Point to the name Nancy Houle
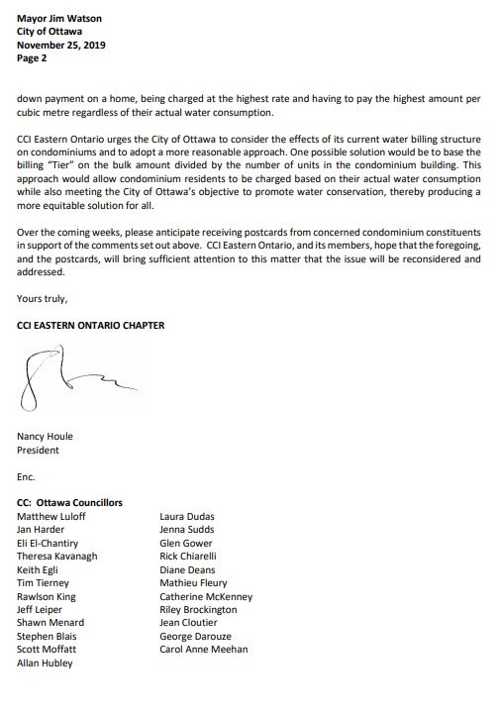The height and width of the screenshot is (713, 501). (47, 435)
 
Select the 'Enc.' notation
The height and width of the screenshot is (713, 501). (27, 476)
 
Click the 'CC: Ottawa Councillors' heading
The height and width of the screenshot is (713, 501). (69, 502)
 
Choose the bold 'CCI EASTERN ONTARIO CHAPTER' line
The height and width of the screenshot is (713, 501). (87, 325)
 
